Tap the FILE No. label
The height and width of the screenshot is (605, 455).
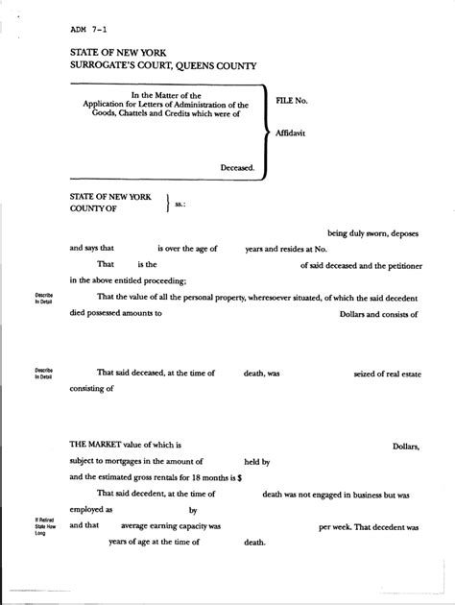coord(292,100)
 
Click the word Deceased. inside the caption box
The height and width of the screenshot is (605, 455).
coord(237,167)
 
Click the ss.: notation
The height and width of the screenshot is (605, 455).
coord(180,204)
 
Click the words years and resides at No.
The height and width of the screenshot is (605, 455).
coord(286,248)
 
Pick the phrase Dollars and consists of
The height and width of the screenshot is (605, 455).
coord(380,313)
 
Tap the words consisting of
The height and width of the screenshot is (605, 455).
coord(91,389)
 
